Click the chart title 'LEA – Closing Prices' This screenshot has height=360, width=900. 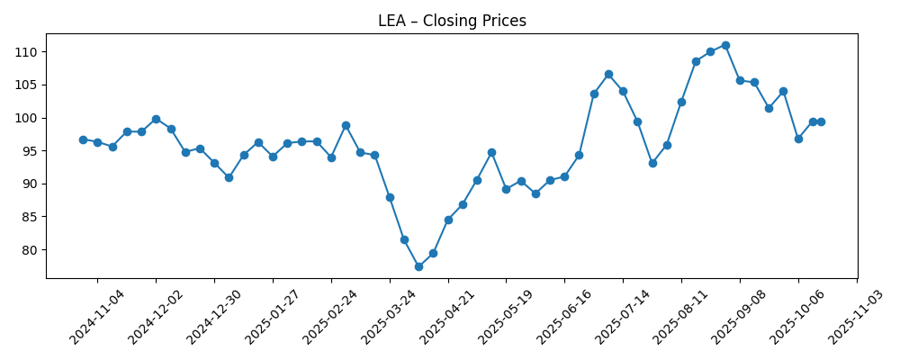(452, 21)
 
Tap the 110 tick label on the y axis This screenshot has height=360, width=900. (24, 52)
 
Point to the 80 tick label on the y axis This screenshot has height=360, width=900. (28, 250)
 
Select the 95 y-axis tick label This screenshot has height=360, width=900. (28, 151)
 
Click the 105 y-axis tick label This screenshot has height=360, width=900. (24, 85)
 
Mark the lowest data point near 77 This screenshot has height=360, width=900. (418, 266)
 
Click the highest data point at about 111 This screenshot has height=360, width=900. (725, 45)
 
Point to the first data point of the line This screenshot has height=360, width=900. (83, 139)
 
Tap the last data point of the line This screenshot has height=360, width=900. (821, 121)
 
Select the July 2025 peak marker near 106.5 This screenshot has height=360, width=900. (608, 74)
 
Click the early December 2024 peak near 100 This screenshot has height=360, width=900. (156, 119)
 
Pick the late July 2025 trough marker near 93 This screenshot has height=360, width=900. (652, 163)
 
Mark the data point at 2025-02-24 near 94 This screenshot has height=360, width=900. (331, 157)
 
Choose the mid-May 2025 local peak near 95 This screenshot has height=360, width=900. (491, 152)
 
